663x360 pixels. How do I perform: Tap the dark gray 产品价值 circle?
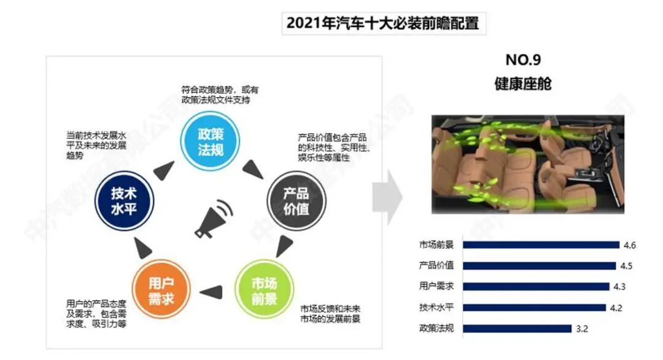coord(297,200)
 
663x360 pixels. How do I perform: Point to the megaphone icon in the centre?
coord(214,219)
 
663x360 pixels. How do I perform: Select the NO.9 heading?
coord(523,60)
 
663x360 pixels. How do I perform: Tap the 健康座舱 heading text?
coord(523,84)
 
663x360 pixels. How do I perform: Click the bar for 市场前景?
coord(541,245)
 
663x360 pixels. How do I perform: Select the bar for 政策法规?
coord(517,329)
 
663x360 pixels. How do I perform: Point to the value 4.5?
coord(626,266)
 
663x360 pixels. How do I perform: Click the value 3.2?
coord(582,329)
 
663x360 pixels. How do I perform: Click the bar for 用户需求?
coord(536,287)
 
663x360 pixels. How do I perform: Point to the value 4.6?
coord(629,245)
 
